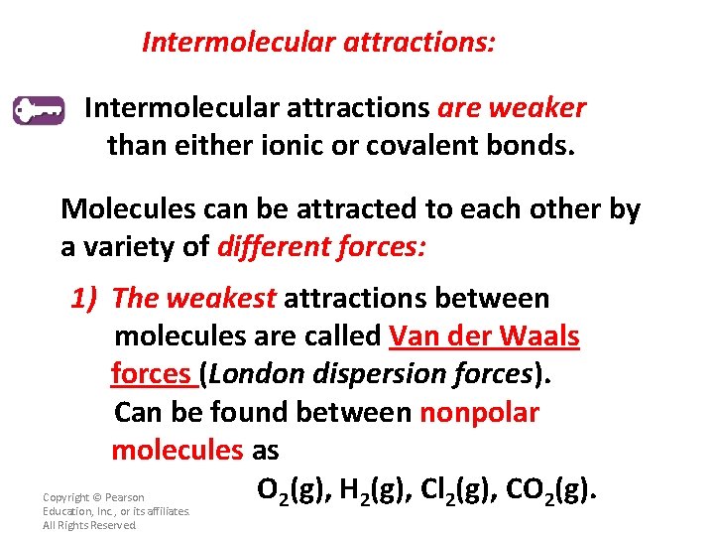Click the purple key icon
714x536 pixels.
tap(39, 109)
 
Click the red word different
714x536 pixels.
tap(274, 247)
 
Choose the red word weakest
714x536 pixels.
tap(221, 298)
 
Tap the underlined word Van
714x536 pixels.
tap(416, 335)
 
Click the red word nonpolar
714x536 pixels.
tap(479, 412)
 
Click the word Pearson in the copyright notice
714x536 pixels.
tap(123, 497)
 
